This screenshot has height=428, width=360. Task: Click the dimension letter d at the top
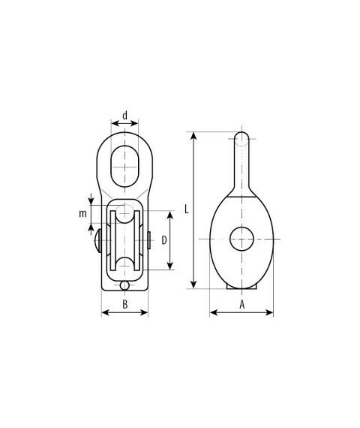[125, 116]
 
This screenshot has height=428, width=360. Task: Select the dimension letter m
[82, 214]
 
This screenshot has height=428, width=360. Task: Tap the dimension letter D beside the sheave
[164, 240]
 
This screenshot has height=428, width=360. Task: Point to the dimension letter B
[125, 304]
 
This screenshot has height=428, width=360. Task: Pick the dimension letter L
[187, 209]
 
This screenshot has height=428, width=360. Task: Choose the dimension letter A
[242, 304]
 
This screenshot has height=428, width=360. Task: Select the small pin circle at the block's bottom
[124, 285]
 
